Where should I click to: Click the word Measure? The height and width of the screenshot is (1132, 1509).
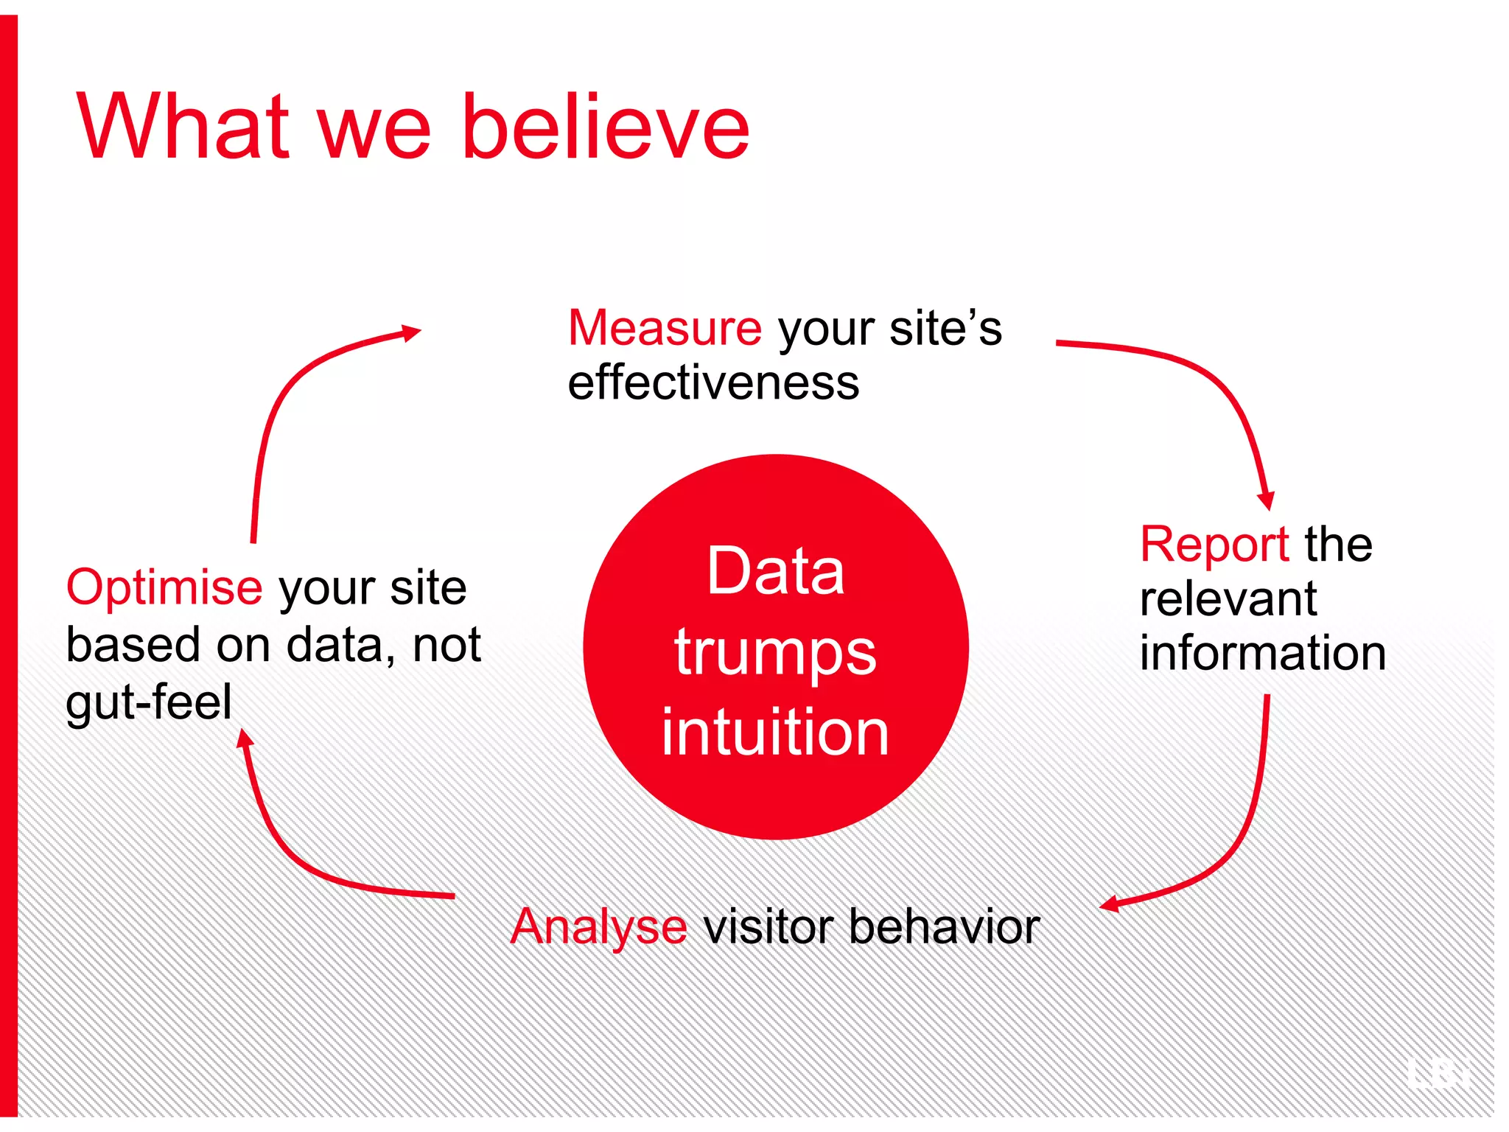(665, 328)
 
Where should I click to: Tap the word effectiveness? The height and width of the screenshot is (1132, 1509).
(713, 383)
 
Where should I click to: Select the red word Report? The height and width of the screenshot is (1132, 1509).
(1214, 545)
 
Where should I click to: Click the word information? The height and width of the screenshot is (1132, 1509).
(1263, 653)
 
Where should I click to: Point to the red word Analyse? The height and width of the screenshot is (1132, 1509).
(598, 927)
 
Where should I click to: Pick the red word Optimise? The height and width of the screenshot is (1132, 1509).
(164, 587)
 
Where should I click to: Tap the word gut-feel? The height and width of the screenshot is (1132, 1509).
(149, 702)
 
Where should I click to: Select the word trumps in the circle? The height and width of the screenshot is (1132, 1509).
(775, 653)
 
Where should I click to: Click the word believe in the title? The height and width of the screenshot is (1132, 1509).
(606, 127)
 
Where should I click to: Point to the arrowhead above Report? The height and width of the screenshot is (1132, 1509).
(1266, 500)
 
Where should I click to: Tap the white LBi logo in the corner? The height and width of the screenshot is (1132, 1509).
(1438, 1073)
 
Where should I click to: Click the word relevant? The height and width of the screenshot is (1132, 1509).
(1228, 598)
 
